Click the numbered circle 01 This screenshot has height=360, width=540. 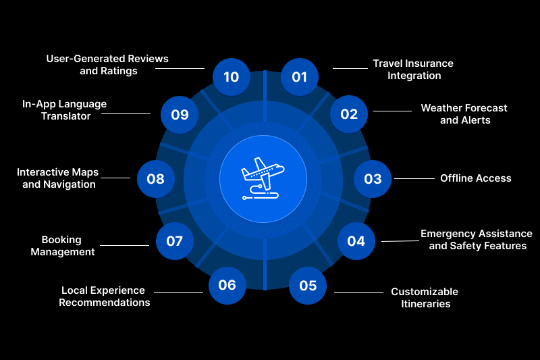click(299, 76)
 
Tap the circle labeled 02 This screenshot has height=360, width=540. click(349, 113)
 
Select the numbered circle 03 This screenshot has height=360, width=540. click(373, 179)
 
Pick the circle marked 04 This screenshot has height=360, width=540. click(356, 241)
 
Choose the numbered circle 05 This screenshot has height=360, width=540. click(308, 285)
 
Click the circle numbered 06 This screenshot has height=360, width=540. click(227, 285)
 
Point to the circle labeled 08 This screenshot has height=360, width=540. click(156, 179)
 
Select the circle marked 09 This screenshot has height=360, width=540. click(180, 113)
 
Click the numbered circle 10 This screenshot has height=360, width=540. click(231, 76)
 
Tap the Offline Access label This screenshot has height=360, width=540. click(476, 178)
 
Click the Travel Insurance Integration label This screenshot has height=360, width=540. click(413, 70)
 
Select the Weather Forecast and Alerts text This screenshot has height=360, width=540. click(464, 113)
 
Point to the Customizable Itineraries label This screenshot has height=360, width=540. click(425, 298)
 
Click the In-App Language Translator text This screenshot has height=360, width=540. click(64, 110)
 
